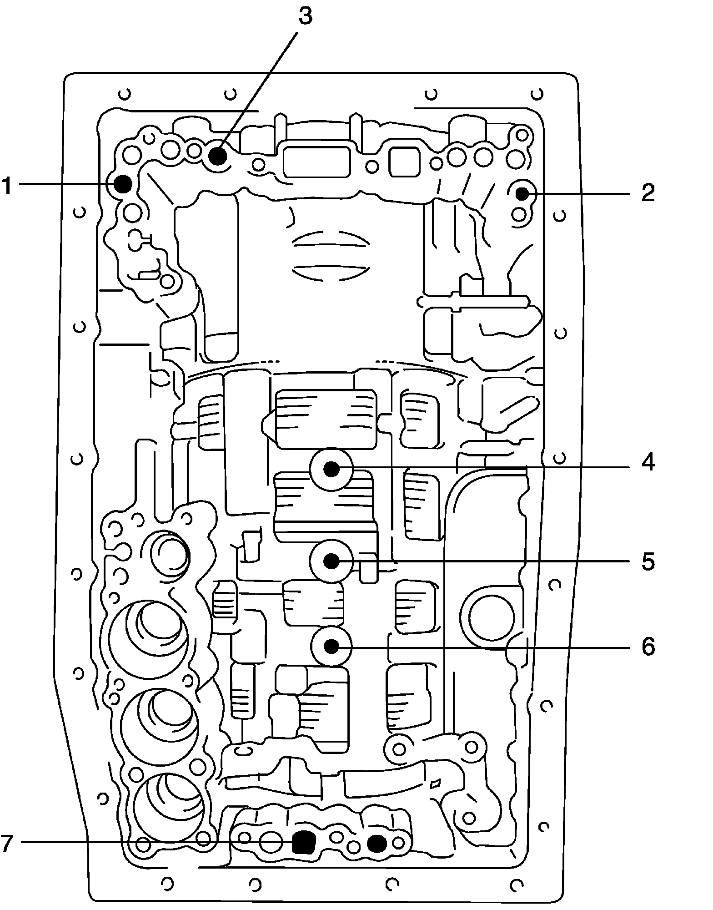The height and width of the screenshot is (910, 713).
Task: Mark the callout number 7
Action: (6, 844)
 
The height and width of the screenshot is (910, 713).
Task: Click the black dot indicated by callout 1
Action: (122, 184)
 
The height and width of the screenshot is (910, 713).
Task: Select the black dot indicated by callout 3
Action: (218, 157)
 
